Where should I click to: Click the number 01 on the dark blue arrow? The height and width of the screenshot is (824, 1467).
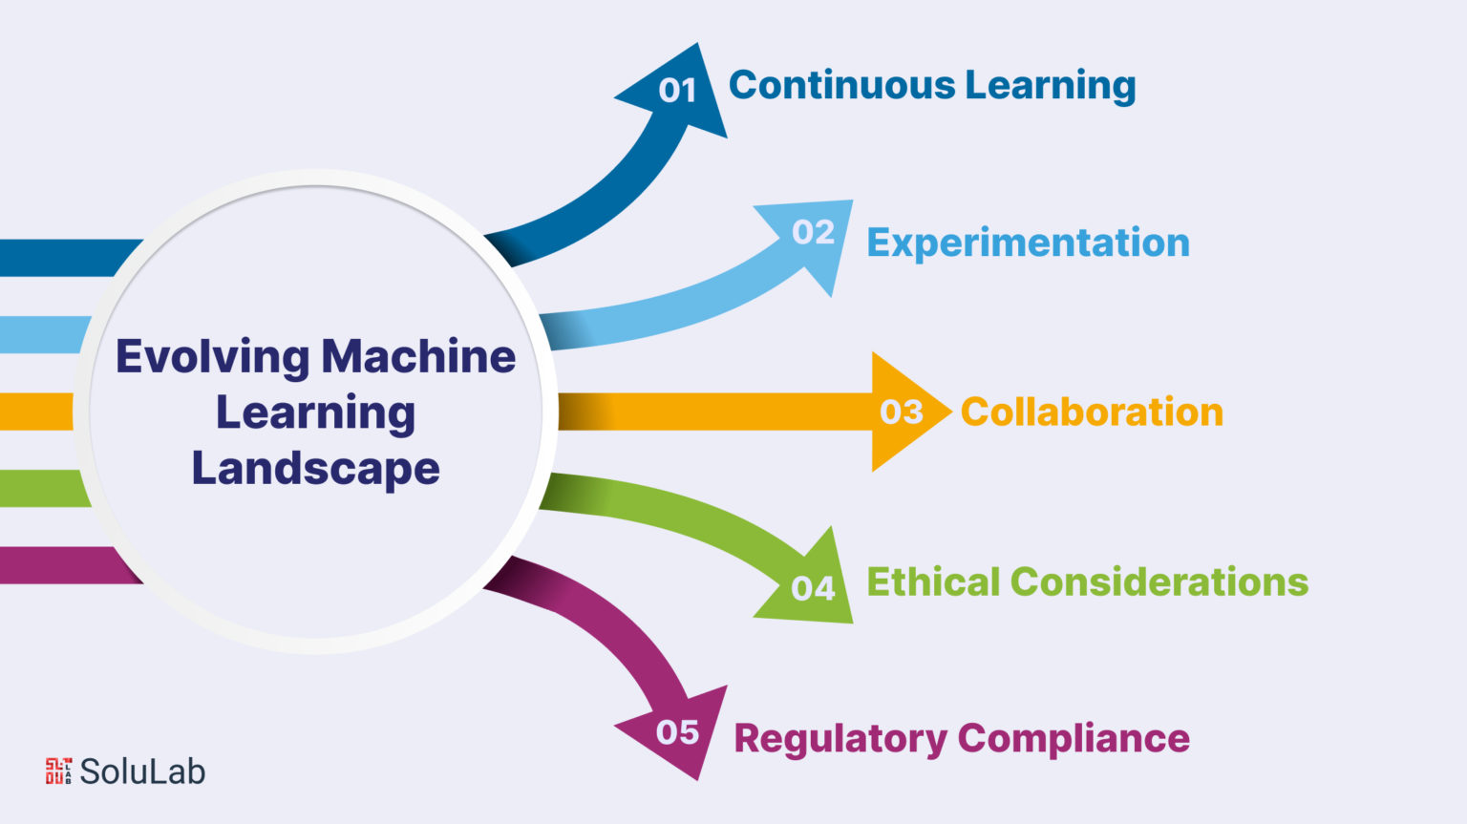pyautogui.click(x=677, y=91)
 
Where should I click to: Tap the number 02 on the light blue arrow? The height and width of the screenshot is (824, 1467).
pyautogui.click(x=813, y=232)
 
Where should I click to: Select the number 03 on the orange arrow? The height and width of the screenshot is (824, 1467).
pyautogui.click(x=902, y=412)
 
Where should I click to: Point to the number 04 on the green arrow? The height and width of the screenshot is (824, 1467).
pyautogui.click(x=813, y=588)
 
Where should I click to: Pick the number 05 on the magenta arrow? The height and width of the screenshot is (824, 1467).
pyautogui.click(x=677, y=732)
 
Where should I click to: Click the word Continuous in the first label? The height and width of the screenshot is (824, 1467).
pyautogui.click(x=841, y=85)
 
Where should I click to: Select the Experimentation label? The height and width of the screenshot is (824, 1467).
pyautogui.click(x=1028, y=243)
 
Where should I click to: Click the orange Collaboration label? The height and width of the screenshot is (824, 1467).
pyautogui.click(x=1092, y=412)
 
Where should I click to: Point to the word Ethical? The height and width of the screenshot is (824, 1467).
pyautogui.click(x=932, y=581)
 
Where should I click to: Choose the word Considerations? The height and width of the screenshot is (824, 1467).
pyautogui.click(x=1159, y=581)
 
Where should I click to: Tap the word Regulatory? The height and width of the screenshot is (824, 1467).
pyautogui.click(x=840, y=740)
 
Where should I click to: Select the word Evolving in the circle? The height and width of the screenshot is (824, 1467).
pyautogui.click(x=212, y=358)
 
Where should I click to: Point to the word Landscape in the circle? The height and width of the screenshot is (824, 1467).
pyautogui.click(x=315, y=469)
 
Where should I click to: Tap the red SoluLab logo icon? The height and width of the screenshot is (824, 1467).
pyautogui.click(x=58, y=771)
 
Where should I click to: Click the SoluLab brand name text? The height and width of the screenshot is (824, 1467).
pyautogui.click(x=142, y=771)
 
